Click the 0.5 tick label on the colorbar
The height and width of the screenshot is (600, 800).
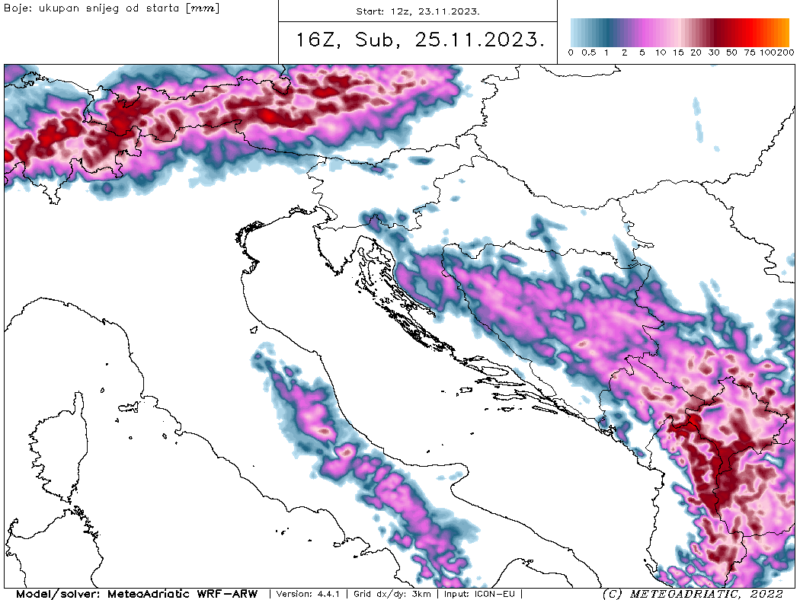588,53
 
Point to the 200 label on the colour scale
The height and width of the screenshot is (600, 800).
786,53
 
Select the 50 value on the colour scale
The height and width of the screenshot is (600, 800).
731,53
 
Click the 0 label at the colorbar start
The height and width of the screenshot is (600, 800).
571,53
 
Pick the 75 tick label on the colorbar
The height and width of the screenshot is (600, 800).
749,53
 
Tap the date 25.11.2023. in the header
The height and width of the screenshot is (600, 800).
480,41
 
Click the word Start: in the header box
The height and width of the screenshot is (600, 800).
372,11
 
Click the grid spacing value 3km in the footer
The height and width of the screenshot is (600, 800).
421,594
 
